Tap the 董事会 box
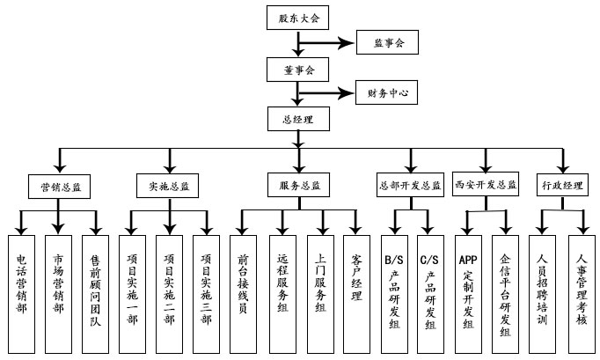(298, 67)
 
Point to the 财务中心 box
(388, 92)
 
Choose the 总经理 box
(298, 117)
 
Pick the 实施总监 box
(167, 186)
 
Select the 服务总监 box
(299, 186)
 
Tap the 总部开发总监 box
(409, 186)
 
